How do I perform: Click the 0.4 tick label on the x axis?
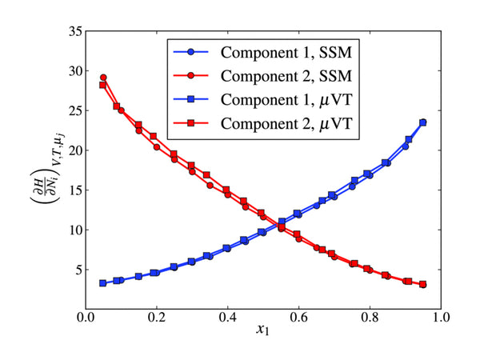[x=227, y=315]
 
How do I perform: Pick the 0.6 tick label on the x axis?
[x=298, y=315]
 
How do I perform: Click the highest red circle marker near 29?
[x=103, y=78]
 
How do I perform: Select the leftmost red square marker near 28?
[x=102, y=85]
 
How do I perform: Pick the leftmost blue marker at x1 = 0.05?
[x=103, y=283]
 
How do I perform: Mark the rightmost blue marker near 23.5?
[x=423, y=122]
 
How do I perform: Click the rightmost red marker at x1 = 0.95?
[x=423, y=284]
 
